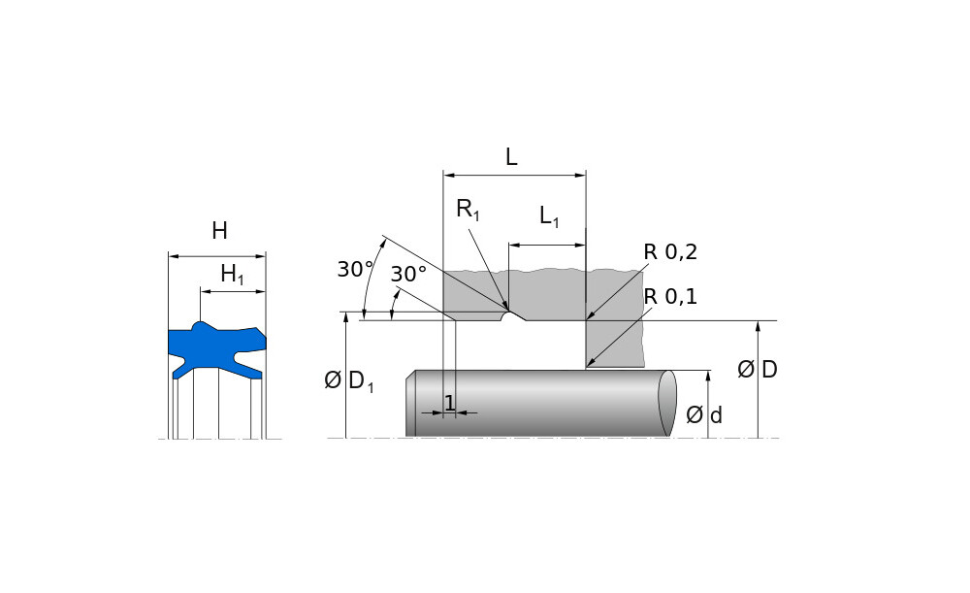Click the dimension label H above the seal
pyautogui.click(x=219, y=231)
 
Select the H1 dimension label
pyautogui.click(x=232, y=276)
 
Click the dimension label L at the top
pyautogui.click(x=511, y=157)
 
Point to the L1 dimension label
pyautogui.click(x=549, y=216)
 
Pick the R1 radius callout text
pyautogui.click(x=468, y=210)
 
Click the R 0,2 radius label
pyautogui.click(x=670, y=252)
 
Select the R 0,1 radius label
pyautogui.click(x=670, y=297)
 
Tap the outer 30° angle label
pyautogui.click(x=355, y=270)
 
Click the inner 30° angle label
pyautogui.click(x=408, y=275)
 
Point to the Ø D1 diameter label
pyautogui.click(x=348, y=381)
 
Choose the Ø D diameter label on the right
pyautogui.click(x=758, y=370)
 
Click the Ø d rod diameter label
pyautogui.click(x=704, y=415)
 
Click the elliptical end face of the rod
pyautogui.click(x=666, y=403)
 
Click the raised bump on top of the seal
pyautogui.click(x=200, y=327)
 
